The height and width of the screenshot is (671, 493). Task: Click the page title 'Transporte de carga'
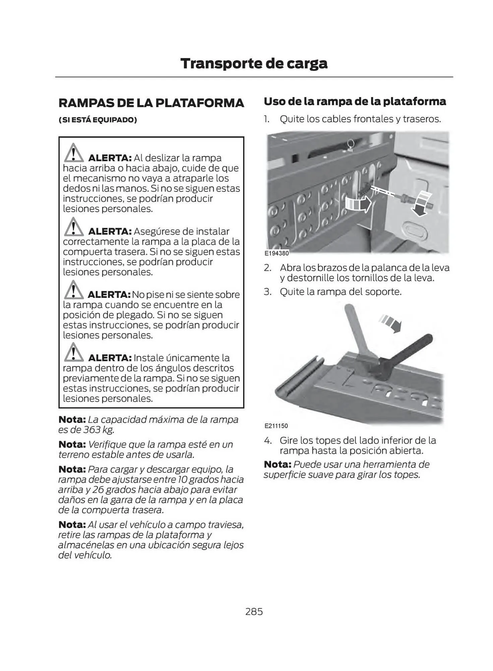coord(254,63)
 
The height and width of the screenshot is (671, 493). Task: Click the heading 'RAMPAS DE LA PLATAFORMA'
coord(151,103)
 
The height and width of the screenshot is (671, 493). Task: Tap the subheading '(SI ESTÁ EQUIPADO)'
coord(98,120)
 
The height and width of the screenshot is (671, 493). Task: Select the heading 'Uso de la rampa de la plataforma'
coord(355,101)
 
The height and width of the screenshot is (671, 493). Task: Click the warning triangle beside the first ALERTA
coord(73,153)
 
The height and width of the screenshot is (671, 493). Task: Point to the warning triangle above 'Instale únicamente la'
coord(73,353)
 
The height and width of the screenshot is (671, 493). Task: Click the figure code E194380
coord(276,253)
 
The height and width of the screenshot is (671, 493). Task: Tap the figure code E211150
coord(276,426)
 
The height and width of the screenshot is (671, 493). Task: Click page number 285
coord(254,612)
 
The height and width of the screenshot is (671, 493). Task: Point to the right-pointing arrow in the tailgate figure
coord(359,204)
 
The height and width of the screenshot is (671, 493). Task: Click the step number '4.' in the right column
coord(267,440)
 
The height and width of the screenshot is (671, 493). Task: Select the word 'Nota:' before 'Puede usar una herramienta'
coord(277,464)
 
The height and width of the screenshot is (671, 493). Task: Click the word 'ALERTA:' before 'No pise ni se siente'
coord(109,295)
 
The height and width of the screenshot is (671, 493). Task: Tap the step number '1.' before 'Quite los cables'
coord(266,119)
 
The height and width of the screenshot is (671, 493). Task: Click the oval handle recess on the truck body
coord(416,230)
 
